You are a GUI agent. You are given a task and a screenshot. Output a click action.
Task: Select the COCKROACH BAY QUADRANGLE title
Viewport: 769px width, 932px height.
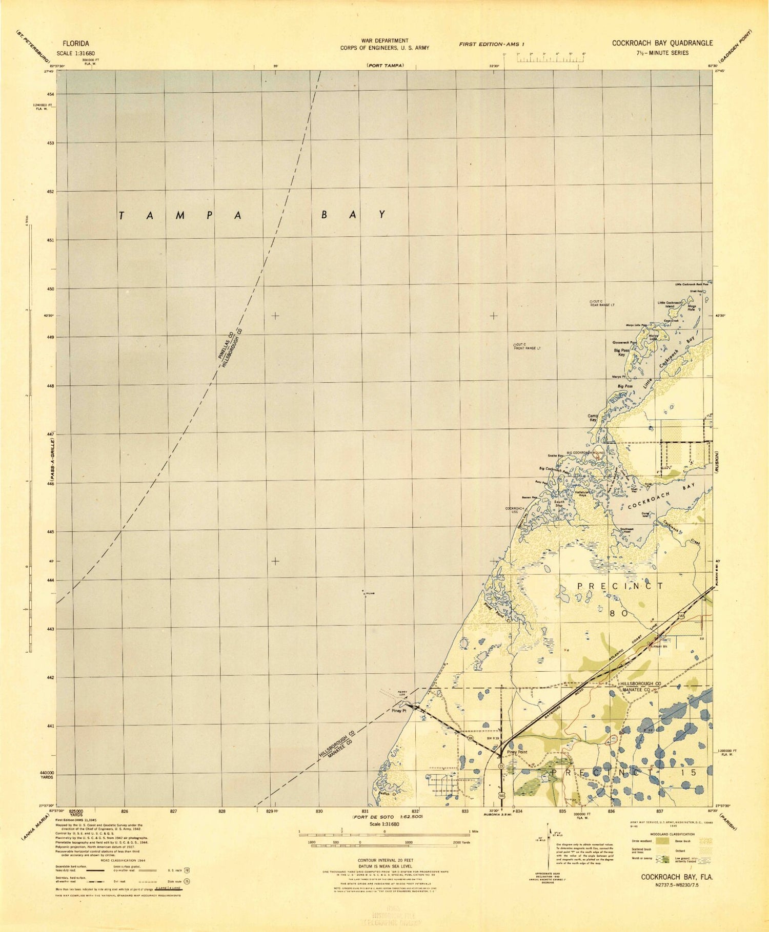pos(662,43)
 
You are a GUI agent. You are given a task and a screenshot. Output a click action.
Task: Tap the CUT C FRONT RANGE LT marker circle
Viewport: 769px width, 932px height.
pos(515,345)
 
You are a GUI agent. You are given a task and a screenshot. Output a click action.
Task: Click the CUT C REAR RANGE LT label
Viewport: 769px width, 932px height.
pos(603,303)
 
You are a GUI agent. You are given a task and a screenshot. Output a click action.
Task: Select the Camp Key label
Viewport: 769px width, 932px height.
pos(593,418)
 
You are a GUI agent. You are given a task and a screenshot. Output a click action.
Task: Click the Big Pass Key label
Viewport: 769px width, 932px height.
pos(621,353)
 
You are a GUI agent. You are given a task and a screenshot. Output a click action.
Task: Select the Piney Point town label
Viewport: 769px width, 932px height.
pos(517,752)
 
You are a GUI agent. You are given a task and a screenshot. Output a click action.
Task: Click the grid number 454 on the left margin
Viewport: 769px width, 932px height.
pos(51,94)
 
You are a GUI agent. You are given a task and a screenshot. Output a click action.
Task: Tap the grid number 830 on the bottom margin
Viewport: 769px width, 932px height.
pos(319,812)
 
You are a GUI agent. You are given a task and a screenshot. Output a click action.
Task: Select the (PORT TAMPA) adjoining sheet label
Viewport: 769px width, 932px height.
pos(385,66)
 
